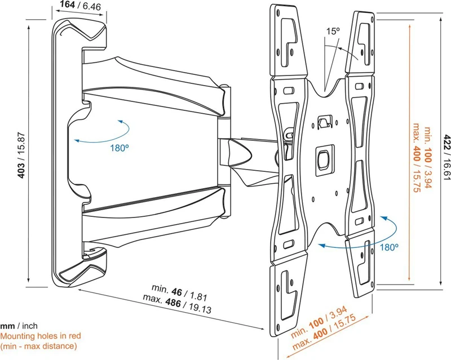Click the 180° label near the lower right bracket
(x=389, y=247)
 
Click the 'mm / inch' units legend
(x=19, y=326)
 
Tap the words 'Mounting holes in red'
(x=41, y=336)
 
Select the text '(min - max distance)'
(x=38, y=346)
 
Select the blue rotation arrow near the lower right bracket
(x=350, y=237)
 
